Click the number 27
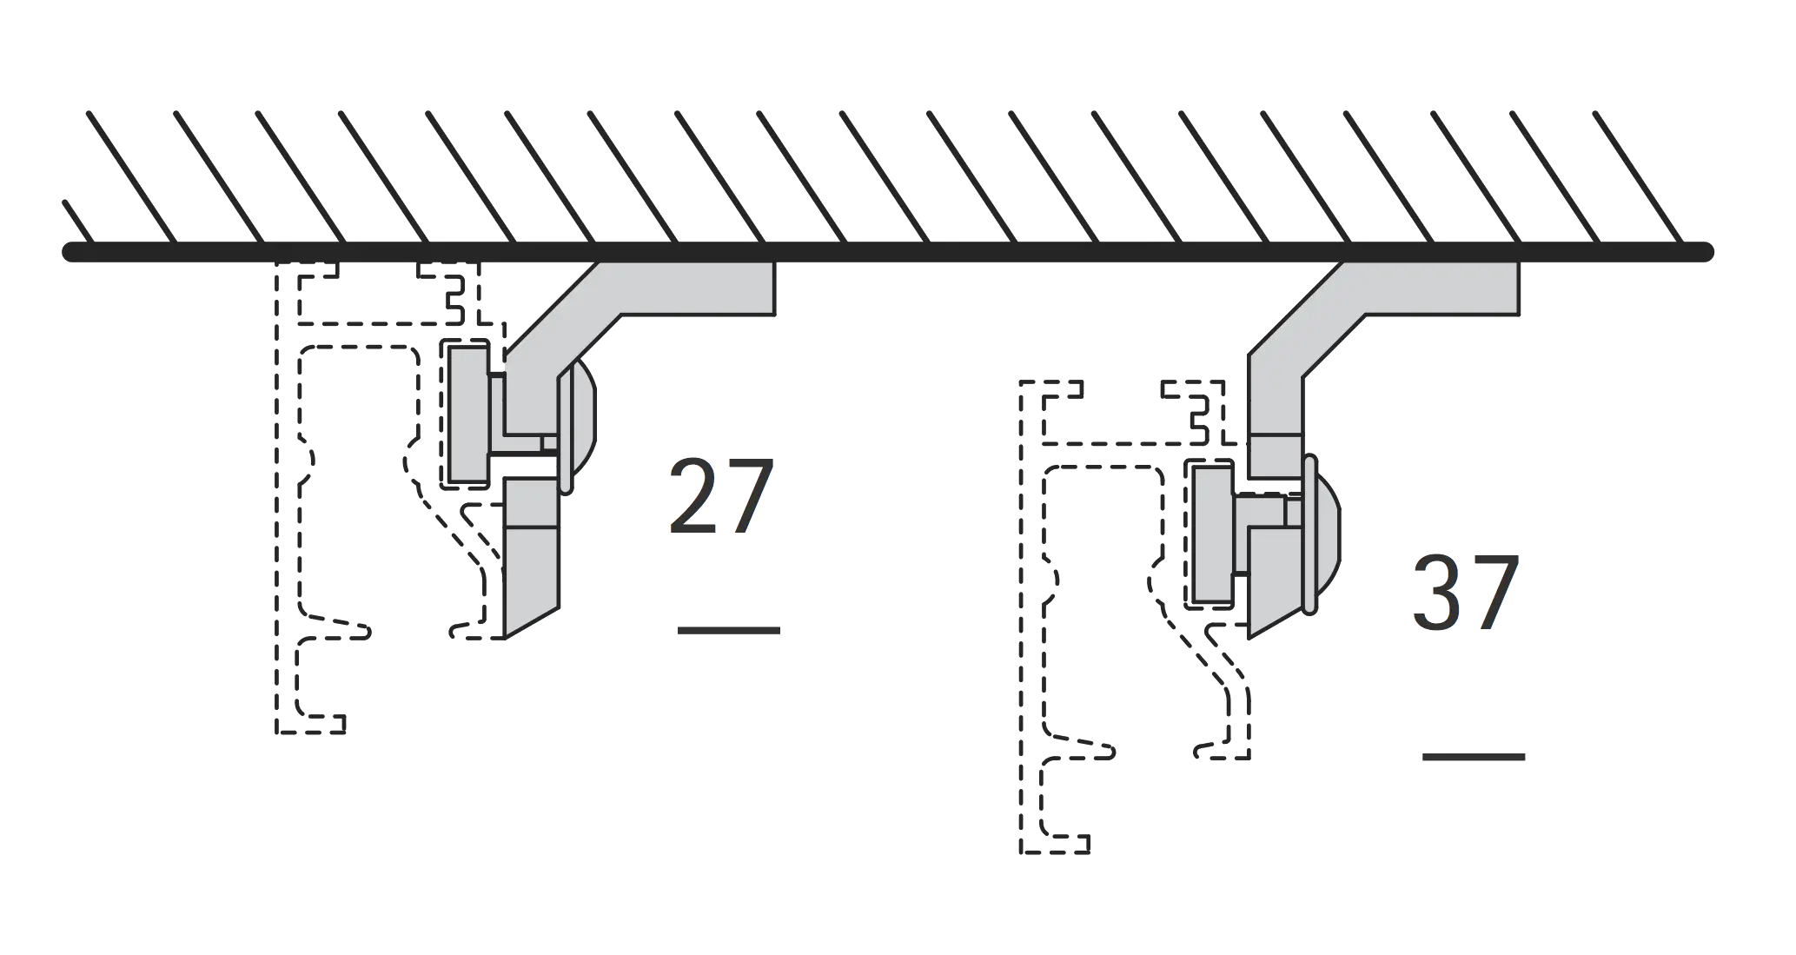coord(721,496)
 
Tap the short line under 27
coord(728,630)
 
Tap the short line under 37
coord(1474,757)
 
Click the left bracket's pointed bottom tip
coord(506,639)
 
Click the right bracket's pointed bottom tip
coord(1249,639)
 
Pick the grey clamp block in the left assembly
coord(467,414)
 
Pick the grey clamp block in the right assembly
coord(1212,534)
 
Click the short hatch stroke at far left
coord(78,222)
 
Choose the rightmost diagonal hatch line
coord(1639,177)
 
